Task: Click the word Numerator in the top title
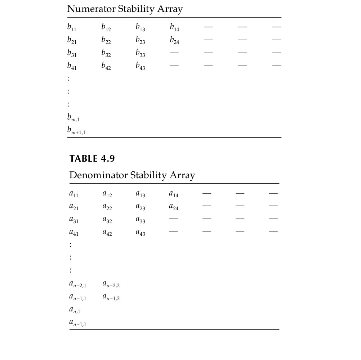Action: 92,9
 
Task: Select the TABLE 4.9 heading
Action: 92,159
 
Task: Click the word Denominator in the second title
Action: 98,175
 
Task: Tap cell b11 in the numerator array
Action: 72,27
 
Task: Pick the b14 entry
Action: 174,27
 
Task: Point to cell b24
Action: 174,40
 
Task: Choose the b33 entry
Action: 140,53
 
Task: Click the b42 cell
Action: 106,66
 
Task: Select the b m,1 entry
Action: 73,117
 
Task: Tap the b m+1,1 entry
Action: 76,131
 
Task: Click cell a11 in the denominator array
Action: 73,194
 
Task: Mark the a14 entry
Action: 174,194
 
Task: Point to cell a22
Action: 107,207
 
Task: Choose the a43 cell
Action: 140,233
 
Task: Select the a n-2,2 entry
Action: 111,284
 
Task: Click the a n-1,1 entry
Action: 78,297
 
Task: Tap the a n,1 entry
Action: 75,310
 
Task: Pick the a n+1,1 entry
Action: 78,323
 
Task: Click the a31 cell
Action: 73,220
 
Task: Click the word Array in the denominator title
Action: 183,175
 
